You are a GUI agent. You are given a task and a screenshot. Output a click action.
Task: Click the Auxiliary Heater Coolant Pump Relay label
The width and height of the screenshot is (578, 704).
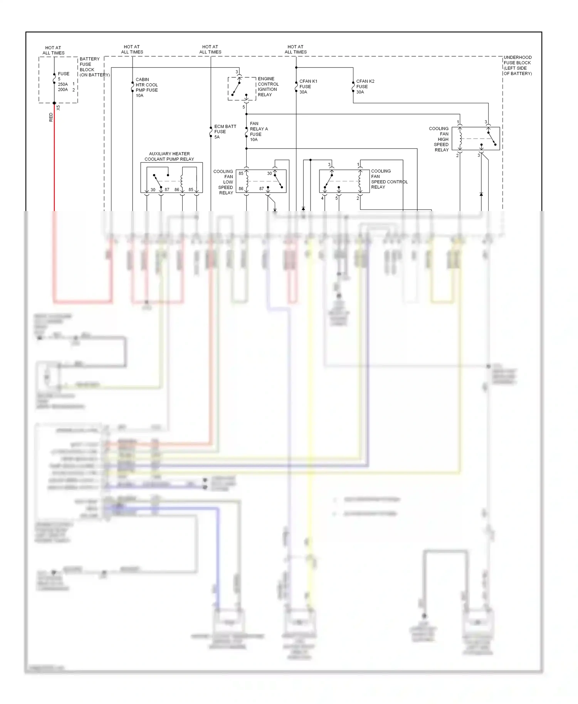(x=169, y=156)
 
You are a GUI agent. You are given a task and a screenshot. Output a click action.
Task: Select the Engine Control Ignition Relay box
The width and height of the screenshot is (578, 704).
(x=242, y=89)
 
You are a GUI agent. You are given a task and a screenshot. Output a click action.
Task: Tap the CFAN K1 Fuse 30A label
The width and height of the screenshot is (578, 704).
(x=308, y=87)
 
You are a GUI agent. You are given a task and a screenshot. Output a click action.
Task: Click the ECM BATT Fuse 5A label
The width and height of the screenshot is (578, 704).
(x=225, y=132)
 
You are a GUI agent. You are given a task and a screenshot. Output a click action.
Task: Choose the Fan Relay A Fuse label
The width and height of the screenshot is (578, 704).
(x=259, y=132)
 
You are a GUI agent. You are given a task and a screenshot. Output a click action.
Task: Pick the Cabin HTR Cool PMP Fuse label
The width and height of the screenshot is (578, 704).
(x=146, y=87)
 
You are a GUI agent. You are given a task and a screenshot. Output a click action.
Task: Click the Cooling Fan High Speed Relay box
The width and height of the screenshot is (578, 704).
(x=476, y=139)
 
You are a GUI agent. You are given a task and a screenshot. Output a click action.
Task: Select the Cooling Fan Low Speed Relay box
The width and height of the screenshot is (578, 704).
(x=261, y=181)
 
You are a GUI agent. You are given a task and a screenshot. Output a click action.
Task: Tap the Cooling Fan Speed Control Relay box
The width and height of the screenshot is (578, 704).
(x=344, y=181)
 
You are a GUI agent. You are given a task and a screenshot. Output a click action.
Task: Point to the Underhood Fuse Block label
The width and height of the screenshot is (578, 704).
(x=518, y=65)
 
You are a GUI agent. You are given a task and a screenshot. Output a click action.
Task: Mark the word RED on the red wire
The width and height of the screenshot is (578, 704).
(x=51, y=117)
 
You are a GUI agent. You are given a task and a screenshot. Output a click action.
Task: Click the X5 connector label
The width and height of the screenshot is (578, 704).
(x=59, y=108)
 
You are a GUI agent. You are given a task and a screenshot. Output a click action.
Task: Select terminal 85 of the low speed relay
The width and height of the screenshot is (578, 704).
(x=241, y=173)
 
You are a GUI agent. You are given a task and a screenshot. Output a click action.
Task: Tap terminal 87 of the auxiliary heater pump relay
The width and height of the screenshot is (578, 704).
(x=167, y=190)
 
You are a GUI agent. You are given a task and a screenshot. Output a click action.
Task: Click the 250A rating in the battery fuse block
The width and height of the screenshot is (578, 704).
(x=63, y=84)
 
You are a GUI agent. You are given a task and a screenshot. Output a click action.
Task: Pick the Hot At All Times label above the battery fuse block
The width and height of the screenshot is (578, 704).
(x=53, y=50)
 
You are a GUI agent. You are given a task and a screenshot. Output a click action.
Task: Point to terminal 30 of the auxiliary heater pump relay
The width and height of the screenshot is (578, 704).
(x=153, y=190)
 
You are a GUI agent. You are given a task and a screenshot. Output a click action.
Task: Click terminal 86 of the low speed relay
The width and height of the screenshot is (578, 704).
(x=241, y=189)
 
